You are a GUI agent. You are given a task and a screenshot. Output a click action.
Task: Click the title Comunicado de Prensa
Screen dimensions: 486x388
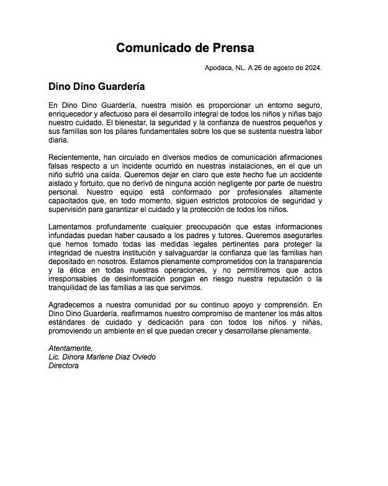tap(185, 48)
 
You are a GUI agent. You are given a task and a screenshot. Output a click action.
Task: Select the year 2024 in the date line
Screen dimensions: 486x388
tap(311, 68)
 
